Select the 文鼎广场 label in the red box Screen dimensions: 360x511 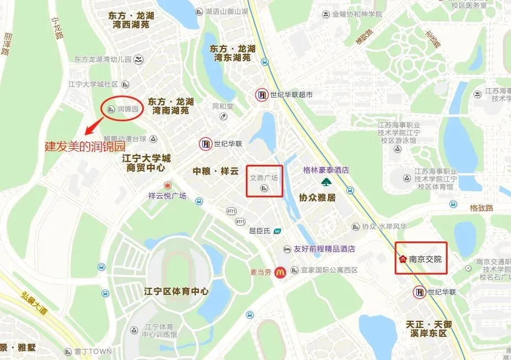click(264, 179)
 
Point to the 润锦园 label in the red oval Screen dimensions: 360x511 click(129, 109)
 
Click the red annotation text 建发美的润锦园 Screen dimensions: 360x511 click(84, 147)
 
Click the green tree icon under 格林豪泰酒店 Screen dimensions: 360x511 click(326, 182)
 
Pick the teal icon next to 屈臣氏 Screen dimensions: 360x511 click(278, 231)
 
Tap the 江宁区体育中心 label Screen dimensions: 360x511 click(175, 291)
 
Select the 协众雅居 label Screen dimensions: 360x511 click(318, 197)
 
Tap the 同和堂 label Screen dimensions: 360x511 click(223, 106)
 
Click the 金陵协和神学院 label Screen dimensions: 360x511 click(357, 14)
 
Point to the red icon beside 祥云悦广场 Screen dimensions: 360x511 click(168, 185)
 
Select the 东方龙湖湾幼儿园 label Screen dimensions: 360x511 click(103, 59)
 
